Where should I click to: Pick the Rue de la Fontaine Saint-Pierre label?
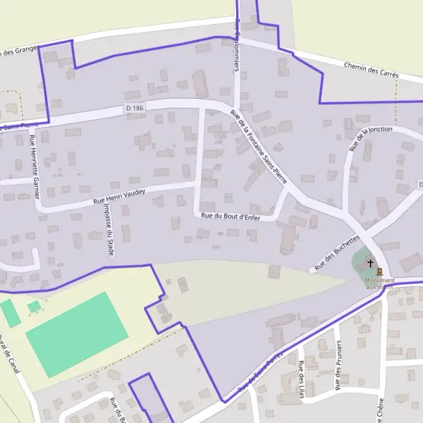coord(259,147)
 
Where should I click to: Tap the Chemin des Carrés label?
coord(372,70)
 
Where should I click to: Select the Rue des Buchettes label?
coord(338,253)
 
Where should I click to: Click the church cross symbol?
coord(371,263)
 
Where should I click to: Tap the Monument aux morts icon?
coord(380,271)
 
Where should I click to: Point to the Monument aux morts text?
coord(380,283)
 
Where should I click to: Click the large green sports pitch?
coord(77,334)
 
